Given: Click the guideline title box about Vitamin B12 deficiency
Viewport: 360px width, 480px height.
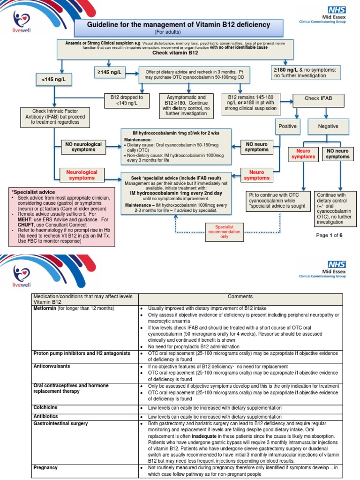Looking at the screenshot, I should click(180, 27).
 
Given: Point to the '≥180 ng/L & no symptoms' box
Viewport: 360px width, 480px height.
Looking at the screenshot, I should click(306, 72).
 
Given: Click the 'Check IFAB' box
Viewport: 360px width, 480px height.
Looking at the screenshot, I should click(318, 98).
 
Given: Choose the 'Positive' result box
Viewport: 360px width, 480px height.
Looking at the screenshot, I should click(288, 126).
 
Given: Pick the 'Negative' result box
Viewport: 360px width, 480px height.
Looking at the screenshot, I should click(328, 126).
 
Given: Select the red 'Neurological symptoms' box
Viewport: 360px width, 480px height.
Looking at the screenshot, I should click(82, 175).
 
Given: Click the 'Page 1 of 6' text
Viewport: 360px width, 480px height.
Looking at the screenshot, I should click(330, 235).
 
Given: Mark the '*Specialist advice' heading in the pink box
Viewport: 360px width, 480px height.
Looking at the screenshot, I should click(33, 192).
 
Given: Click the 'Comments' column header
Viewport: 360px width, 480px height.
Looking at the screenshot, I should click(240, 296).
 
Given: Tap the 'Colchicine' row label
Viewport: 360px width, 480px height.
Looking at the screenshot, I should click(45, 407).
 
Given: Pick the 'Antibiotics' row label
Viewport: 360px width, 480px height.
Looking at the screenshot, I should click(45, 416).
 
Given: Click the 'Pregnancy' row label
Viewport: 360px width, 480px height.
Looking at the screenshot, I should click(46, 468).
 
